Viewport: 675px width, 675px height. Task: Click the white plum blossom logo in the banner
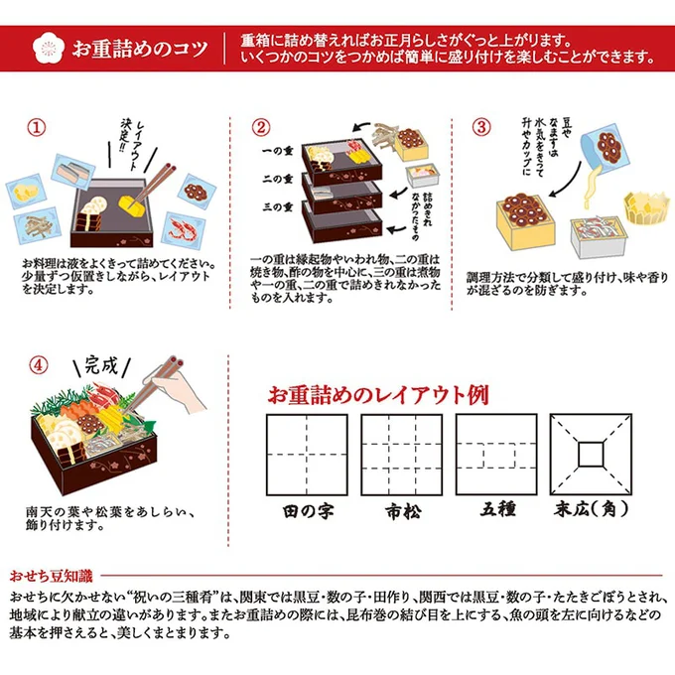click(x=49, y=49)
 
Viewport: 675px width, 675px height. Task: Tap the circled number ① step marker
click(x=37, y=127)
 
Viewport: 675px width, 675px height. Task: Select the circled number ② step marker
click(x=261, y=127)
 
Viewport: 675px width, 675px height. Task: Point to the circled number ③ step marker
click(x=481, y=127)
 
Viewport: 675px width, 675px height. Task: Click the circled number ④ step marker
click(x=39, y=365)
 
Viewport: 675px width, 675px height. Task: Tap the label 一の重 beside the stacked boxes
click(x=278, y=151)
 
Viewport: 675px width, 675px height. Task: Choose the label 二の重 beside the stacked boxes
click(x=278, y=179)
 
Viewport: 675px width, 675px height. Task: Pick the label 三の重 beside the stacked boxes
click(x=278, y=207)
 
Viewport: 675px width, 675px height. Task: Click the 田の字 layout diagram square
click(x=307, y=455)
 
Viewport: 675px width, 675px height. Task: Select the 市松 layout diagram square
click(x=402, y=455)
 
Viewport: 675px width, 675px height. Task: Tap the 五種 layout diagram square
click(x=496, y=455)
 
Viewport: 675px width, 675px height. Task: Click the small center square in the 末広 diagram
click(x=591, y=455)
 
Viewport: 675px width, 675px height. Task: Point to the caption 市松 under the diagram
click(x=403, y=511)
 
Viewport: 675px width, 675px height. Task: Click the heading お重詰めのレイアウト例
click(x=378, y=395)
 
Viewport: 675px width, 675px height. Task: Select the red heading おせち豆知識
click(x=51, y=576)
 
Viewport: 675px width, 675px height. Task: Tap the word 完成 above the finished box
click(x=101, y=366)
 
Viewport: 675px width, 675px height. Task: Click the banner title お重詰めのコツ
click(x=140, y=49)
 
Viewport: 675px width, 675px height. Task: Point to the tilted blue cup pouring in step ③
click(x=605, y=149)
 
